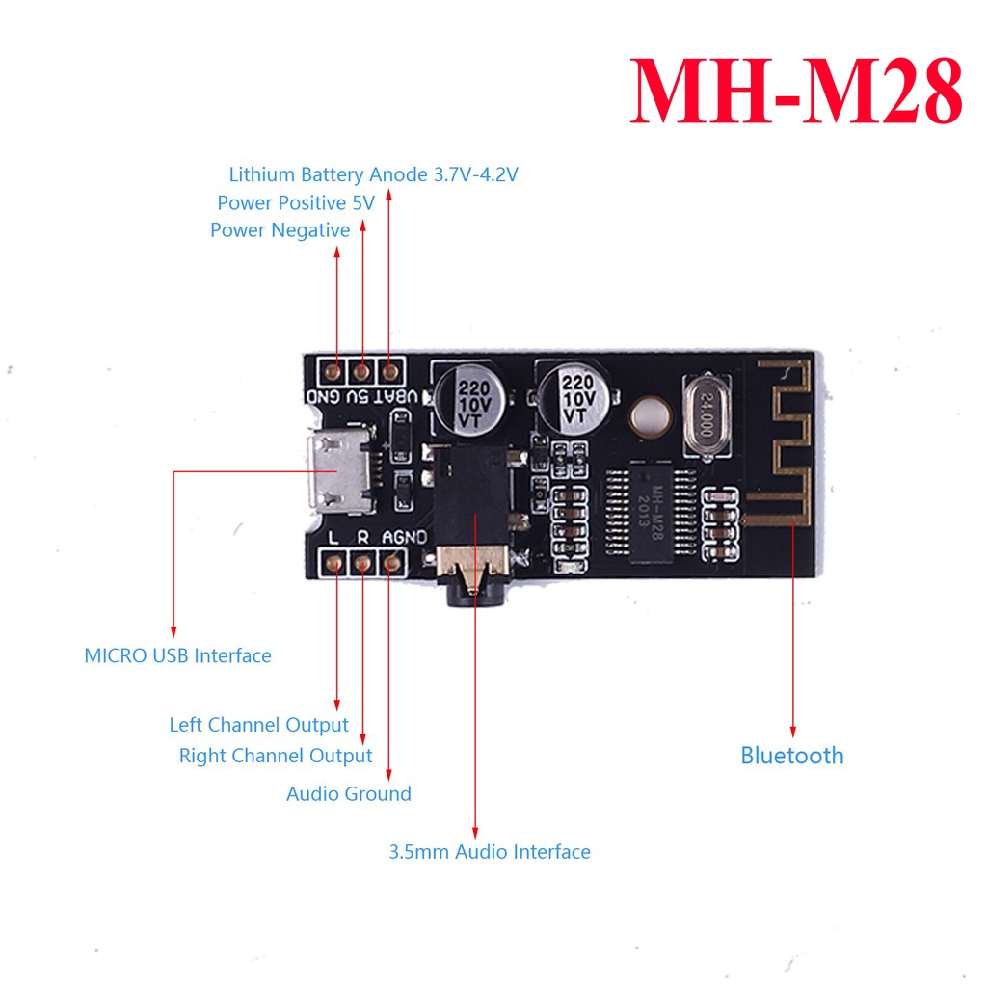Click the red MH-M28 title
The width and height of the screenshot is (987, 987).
[x=795, y=91]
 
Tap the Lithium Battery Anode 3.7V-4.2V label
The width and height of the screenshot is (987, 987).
[x=373, y=174]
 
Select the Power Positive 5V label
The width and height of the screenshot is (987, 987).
[x=296, y=202]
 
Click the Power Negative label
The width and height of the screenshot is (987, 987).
[x=280, y=230]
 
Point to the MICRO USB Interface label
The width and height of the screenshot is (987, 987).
[x=178, y=655]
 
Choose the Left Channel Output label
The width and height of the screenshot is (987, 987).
[x=258, y=725]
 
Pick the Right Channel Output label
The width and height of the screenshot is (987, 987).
[x=276, y=756]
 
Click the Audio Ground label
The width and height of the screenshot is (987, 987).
[x=349, y=794]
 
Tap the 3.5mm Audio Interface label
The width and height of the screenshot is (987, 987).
[x=490, y=852]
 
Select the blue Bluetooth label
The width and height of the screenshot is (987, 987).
[x=792, y=756]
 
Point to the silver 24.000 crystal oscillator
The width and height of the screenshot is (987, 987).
[x=707, y=414]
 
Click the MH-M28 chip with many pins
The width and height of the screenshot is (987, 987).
[x=651, y=513]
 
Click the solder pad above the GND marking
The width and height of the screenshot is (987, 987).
[x=333, y=373]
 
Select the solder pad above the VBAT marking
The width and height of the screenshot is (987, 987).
[x=391, y=373]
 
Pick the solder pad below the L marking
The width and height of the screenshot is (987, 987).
[x=334, y=562]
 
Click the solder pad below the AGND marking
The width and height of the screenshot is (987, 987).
[x=392, y=562]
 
